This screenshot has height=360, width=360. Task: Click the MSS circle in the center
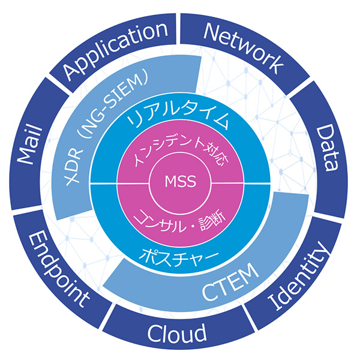[x=179, y=181]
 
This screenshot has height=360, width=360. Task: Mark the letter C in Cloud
[x=155, y=332]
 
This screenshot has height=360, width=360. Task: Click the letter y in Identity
[x=323, y=253]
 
